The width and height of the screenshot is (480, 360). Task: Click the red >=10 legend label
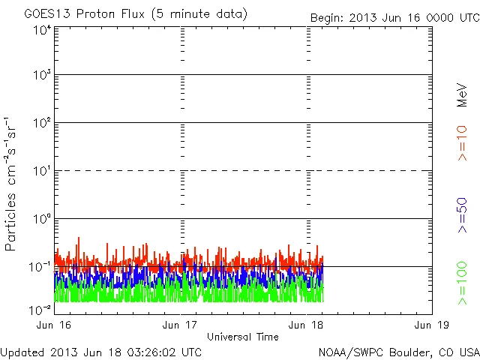point(462,142)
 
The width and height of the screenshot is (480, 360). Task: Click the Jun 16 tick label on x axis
point(55,325)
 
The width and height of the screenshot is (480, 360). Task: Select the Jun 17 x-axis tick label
point(181,325)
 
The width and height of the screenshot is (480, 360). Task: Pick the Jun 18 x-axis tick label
point(307,325)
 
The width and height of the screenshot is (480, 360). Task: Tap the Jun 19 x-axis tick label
point(432,325)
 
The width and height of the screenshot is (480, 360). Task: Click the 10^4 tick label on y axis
point(40,31)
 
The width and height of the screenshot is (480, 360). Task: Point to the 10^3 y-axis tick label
point(40,75)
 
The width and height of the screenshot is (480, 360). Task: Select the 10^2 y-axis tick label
point(40,123)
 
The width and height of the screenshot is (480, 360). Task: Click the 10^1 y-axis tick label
point(40,171)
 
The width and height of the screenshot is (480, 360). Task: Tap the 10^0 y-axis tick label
point(40,219)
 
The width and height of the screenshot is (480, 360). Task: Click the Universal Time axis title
point(242,337)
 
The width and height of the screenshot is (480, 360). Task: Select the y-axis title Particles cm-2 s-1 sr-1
point(12,184)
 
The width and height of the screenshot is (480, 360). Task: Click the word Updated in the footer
point(22,351)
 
